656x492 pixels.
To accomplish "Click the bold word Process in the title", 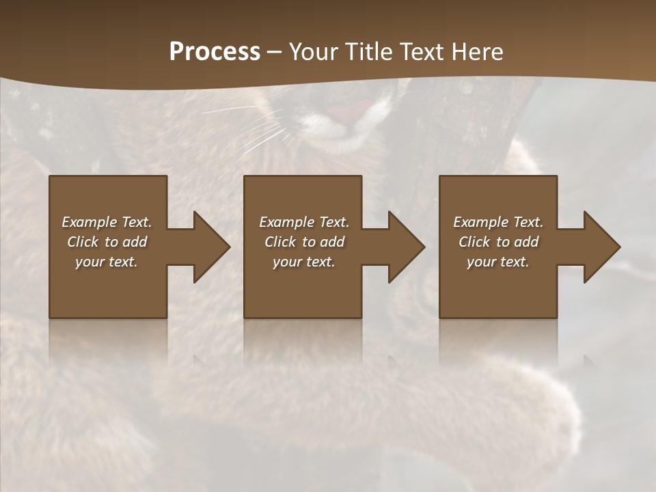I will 215,52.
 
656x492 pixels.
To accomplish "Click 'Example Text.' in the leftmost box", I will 107,222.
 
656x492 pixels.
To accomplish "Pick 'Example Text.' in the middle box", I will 304,222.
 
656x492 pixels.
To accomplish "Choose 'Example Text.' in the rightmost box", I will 498,222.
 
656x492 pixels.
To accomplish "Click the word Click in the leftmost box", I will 83,242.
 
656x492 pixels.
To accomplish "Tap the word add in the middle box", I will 332,242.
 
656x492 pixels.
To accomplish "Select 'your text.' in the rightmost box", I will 498,262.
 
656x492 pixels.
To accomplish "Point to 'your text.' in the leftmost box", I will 107,262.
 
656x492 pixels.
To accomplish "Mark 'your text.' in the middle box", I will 304,262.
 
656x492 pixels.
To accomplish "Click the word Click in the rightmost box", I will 474,242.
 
